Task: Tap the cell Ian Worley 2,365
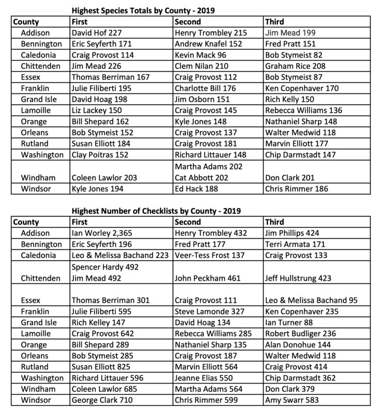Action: (x=102, y=233)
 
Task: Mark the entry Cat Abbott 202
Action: (x=203, y=177)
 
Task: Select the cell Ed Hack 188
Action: (x=198, y=188)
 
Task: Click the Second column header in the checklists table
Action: (x=188, y=222)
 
